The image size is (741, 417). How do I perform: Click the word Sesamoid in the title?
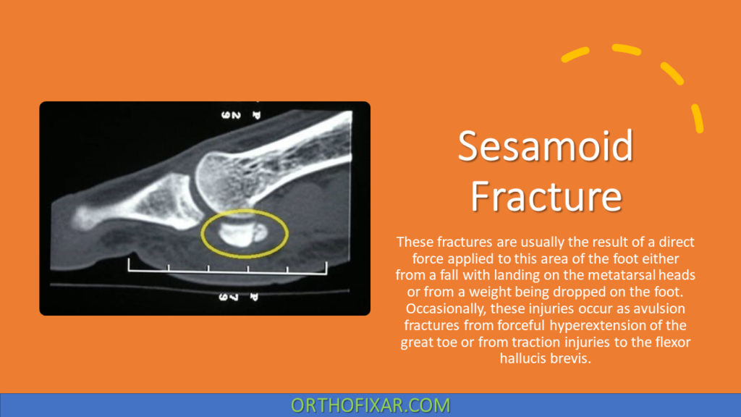point(545,146)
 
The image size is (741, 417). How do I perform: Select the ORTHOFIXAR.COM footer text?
point(370,405)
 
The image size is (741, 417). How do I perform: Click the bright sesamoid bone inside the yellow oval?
point(237,232)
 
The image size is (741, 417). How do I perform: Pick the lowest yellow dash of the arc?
point(697,118)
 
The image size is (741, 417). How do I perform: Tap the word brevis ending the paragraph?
point(573,358)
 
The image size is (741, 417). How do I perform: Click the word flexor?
point(673,342)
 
